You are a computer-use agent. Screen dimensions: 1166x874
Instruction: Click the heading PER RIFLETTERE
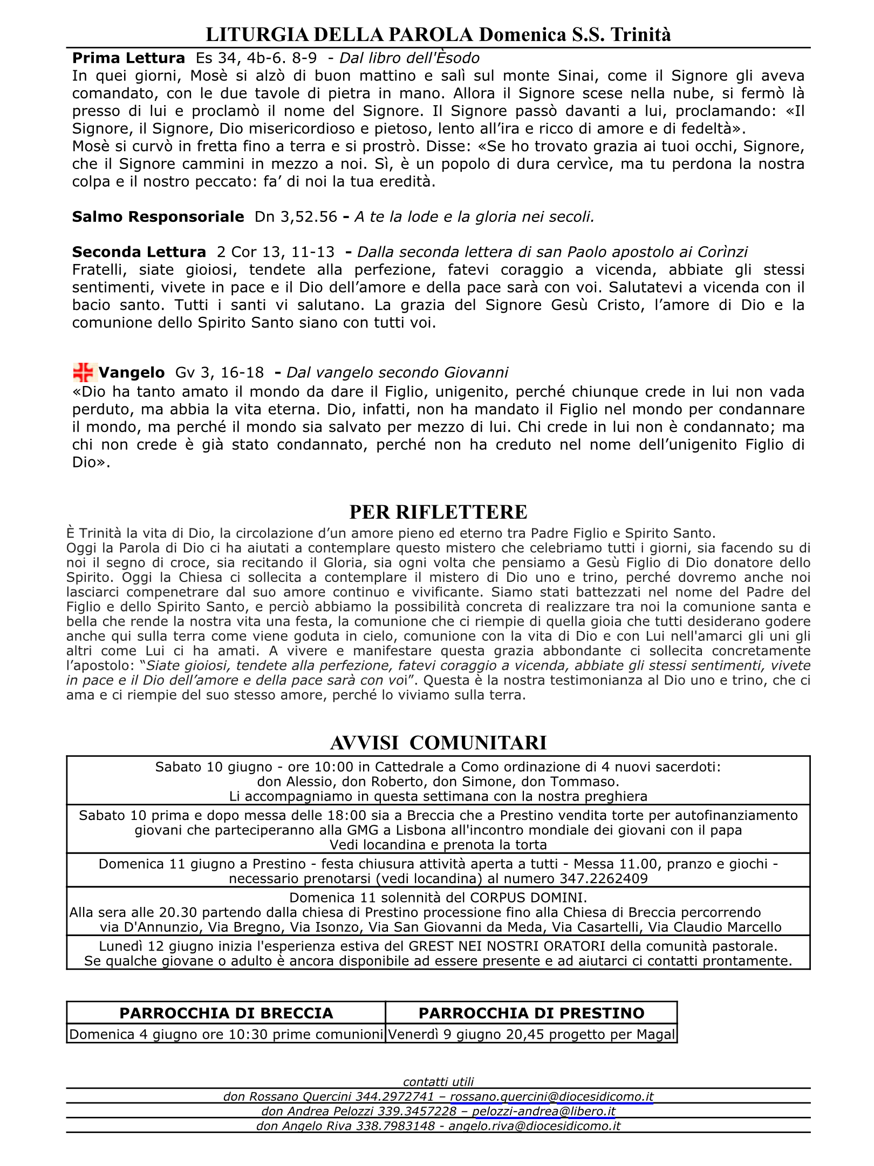pos(438,512)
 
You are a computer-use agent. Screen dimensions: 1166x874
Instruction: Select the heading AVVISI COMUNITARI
pos(438,743)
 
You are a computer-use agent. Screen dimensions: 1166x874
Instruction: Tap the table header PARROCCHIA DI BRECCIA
pos(226,1013)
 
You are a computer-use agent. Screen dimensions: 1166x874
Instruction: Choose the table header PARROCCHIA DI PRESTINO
pos(531,1013)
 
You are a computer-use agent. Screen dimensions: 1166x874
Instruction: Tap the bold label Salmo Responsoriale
pos(158,217)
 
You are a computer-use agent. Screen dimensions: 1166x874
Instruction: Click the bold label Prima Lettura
pos(128,58)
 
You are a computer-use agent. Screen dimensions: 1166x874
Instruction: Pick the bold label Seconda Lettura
pos(139,252)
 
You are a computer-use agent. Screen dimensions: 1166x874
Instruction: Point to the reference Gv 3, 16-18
pos(220,372)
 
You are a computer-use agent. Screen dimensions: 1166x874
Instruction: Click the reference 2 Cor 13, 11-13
pos(275,252)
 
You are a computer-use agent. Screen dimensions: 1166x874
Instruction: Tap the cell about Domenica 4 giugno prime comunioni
pos(226,1034)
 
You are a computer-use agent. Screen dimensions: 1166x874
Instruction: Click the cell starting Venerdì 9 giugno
pos(531,1034)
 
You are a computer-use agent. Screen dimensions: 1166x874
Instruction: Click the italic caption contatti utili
pos(438,1081)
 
